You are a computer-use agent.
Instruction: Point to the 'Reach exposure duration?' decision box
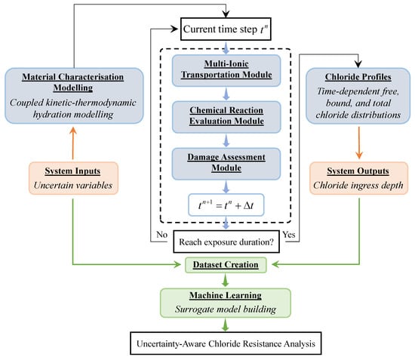click(226, 241)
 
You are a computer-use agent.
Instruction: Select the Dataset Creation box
click(226, 264)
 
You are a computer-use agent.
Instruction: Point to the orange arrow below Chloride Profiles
click(359, 137)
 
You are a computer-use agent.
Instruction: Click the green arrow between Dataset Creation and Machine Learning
click(226, 279)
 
